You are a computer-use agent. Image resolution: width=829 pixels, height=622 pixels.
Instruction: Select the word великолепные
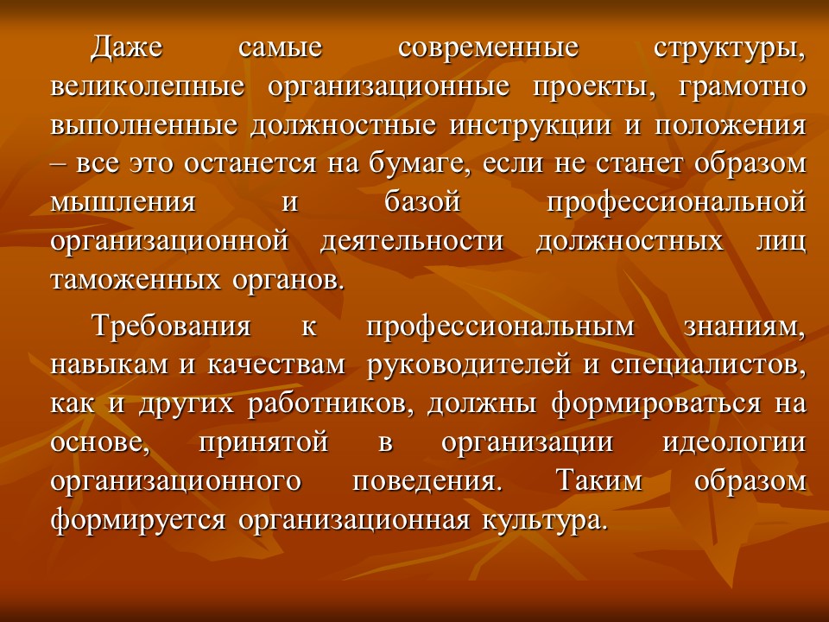pos(149,87)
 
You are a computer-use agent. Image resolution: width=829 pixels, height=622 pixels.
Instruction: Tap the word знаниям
pos(744,327)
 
